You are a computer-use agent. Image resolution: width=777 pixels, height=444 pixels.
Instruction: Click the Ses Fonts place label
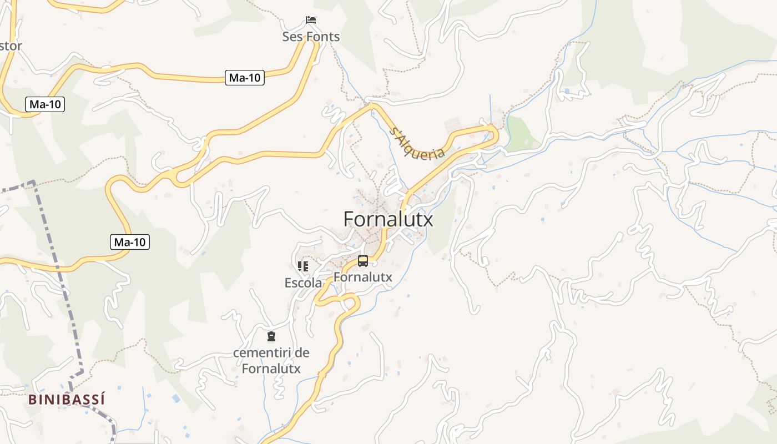(311, 37)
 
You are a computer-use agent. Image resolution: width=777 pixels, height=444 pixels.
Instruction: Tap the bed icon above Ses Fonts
(311, 20)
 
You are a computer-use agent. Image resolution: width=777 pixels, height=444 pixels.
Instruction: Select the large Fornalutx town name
(388, 219)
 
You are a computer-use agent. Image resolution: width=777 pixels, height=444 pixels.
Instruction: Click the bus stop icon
(362, 260)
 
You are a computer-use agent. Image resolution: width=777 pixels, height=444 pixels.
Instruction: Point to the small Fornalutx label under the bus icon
(362, 276)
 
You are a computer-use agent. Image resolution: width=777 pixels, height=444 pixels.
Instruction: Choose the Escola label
(303, 283)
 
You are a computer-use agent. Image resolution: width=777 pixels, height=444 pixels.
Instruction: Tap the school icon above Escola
(303, 266)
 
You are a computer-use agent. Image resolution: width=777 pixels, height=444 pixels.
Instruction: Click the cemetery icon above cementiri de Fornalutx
(271, 336)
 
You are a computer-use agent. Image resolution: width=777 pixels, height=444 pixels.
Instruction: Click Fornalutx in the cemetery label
(271, 368)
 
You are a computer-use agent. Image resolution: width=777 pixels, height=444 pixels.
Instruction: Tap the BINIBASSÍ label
(67, 399)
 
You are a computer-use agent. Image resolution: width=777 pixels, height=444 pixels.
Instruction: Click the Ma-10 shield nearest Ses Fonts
(245, 78)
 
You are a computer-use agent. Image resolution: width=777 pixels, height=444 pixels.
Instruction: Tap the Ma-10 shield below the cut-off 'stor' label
(45, 104)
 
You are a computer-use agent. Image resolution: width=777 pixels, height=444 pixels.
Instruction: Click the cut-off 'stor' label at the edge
(11, 46)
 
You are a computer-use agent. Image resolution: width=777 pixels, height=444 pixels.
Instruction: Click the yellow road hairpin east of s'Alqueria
(494, 133)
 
